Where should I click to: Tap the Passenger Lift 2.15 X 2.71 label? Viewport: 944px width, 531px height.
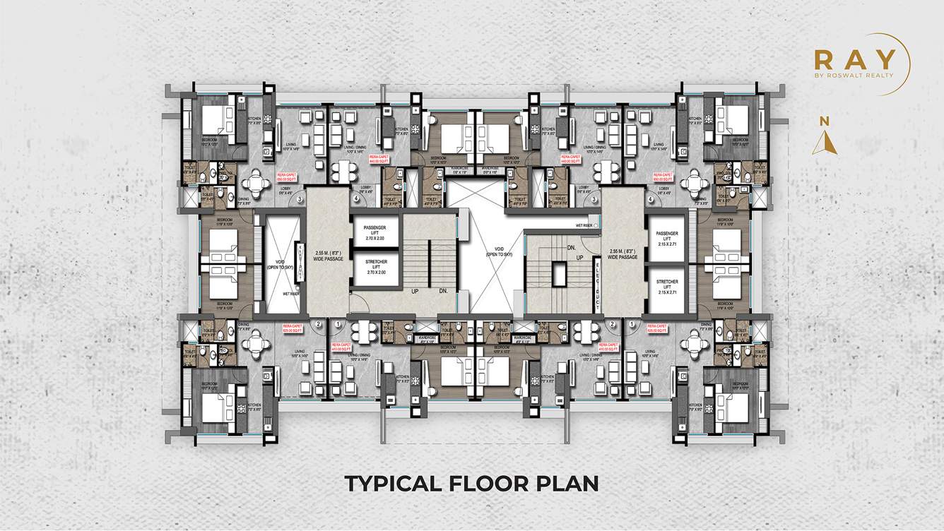pyautogui.click(x=667, y=237)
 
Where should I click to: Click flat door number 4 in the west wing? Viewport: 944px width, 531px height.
pyautogui.click(x=355, y=199)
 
